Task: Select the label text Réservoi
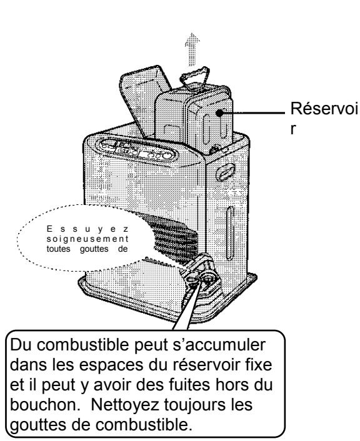[x=315, y=112]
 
